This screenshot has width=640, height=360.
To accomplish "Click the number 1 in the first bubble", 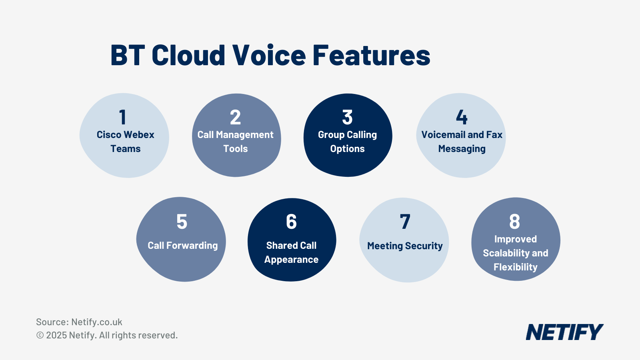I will pos(123,118).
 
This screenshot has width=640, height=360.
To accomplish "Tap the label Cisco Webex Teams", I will pos(125,142).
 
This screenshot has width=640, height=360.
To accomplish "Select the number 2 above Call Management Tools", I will pos(235,118).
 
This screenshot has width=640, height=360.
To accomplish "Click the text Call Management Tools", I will pos(235,142).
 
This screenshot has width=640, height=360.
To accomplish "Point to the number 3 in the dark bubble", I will pos(347,118).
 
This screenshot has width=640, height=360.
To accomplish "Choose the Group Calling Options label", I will pos(347,142).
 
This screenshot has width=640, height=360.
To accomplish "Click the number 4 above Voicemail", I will pos(462,118).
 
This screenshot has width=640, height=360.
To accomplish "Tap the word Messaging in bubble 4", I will pos(462,149).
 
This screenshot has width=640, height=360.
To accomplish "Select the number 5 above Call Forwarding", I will pos(182,222).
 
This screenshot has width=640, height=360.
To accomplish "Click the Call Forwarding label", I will pos(182,246).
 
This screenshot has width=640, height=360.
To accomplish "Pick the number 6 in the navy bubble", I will pos(291,222).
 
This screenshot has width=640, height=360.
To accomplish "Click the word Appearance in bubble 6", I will pos(291,260).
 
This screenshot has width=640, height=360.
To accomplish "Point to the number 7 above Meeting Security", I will pos(405,222).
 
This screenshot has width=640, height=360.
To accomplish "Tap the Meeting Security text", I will pos(405,246).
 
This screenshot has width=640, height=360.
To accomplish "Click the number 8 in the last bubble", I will pos(515,222).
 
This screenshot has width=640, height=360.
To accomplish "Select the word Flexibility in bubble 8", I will pos(515,267).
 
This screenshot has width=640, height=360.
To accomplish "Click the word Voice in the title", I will pos(269,55).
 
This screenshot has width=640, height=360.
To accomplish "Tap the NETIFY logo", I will pos(564,332).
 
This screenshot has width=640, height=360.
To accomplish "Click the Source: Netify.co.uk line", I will pos(79,322).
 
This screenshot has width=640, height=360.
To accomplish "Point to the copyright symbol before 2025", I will pos(40,335).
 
